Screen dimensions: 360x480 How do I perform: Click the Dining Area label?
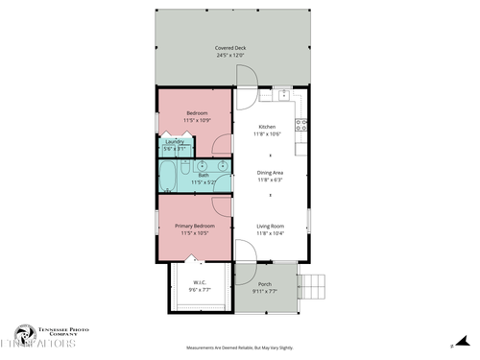pos(270,173)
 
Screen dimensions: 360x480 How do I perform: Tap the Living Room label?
pos(270,227)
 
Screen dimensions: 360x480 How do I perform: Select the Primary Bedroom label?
pos(195,227)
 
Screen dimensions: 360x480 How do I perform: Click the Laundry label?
pos(174,142)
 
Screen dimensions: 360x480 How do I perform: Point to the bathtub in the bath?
pos(168,177)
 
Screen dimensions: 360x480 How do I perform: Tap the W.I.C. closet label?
pos(200,282)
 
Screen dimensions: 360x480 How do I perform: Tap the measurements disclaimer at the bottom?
pos(239,348)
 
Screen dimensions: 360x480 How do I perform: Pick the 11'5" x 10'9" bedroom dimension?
pos(196,120)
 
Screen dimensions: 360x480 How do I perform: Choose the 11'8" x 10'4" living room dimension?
pos(270,233)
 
